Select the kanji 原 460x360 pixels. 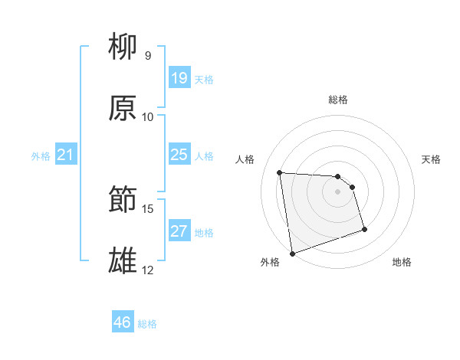pyautogui.click(x=123, y=109)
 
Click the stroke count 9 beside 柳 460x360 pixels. pyautogui.click(x=148, y=55)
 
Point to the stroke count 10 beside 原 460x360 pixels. pyautogui.click(x=148, y=116)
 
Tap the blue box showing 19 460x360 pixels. pyautogui.click(x=179, y=78)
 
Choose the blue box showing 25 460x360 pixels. pyautogui.click(x=179, y=155)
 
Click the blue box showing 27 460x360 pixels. pyautogui.click(x=179, y=231)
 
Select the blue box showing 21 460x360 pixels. pyautogui.click(x=65, y=155)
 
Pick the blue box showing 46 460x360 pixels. pyautogui.click(x=122, y=322)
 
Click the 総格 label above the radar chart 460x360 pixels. pyautogui.click(x=338, y=100)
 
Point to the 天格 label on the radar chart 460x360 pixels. pyautogui.click(x=431, y=159)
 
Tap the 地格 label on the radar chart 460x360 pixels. pyautogui.click(x=402, y=262)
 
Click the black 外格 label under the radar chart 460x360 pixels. pyautogui.click(x=270, y=262)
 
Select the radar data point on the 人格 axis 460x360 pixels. pyautogui.click(x=280, y=172)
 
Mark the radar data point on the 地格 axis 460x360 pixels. pyautogui.click(x=364, y=229)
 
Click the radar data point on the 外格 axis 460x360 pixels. pyautogui.click(x=292, y=252)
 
